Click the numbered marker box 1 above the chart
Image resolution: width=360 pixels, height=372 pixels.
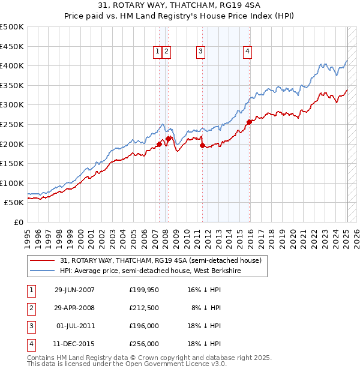point(158,52)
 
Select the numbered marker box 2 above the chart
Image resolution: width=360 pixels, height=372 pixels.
point(166,52)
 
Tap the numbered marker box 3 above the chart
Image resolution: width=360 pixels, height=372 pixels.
point(200,52)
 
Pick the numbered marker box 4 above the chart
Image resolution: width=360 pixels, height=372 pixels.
point(247,52)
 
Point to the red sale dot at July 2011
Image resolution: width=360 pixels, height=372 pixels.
point(202,145)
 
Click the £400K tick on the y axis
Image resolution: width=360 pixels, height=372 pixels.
point(12,65)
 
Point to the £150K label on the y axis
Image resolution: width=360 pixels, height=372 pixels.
point(12,163)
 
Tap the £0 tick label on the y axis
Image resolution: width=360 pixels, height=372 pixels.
point(18,222)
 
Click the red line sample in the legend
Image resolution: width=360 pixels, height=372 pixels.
point(43,261)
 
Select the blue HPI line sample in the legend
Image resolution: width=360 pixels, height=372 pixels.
point(43,271)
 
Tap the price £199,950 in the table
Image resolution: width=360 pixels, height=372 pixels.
point(144,290)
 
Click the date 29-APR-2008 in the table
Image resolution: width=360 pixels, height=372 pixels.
point(74,308)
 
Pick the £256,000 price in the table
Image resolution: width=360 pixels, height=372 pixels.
point(144,344)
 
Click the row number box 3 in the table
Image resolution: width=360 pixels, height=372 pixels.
point(31,326)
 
